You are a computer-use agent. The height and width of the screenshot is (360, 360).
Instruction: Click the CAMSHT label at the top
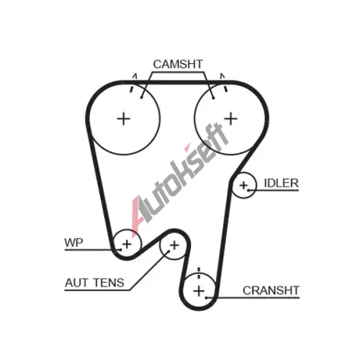pyautogui.click(x=178, y=64)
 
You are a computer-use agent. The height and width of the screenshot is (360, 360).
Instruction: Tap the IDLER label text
pyautogui.click(x=281, y=183)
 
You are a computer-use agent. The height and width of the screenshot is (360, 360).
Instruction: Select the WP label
pyautogui.click(x=73, y=243)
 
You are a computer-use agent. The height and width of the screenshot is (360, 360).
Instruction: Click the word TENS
pyautogui.click(x=109, y=283)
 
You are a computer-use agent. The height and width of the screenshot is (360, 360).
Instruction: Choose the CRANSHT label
pyautogui.click(x=271, y=290)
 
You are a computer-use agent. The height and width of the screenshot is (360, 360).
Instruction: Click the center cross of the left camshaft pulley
pyautogui.click(x=124, y=119)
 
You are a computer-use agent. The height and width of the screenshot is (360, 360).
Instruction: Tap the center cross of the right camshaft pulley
pyautogui.click(x=231, y=119)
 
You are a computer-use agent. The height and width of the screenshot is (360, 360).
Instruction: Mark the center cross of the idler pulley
pyautogui.click(x=243, y=185)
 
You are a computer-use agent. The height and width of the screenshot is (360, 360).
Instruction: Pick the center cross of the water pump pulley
pyautogui.click(x=127, y=244)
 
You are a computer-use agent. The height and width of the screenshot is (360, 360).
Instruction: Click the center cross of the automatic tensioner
pyautogui.click(x=174, y=245)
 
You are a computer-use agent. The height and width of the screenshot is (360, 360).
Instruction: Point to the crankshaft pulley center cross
pyautogui.click(x=199, y=291)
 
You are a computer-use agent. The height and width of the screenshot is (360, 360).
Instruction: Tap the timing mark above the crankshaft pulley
pyautogui.click(x=199, y=273)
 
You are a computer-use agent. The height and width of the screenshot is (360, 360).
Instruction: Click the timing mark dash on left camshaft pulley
pyautogui.click(x=131, y=89)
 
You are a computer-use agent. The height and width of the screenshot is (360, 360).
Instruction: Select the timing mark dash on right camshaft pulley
pyautogui.click(x=225, y=89)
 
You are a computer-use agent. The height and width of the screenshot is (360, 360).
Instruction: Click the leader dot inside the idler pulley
pyautogui.click(x=249, y=190)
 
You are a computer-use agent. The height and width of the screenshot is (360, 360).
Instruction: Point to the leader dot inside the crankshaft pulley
pyautogui.click(x=207, y=298)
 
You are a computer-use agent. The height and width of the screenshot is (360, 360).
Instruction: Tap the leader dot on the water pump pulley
pyautogui.click(x=120, y=250)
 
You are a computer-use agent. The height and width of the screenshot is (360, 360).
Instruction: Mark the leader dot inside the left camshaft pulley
pyautogui.click(x=142, y=97)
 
